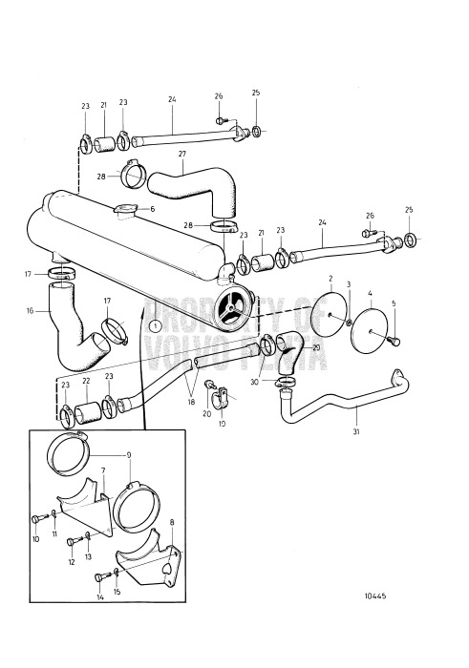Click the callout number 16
coord(30,310)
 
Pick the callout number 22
coord(86,380)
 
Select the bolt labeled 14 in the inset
coord(101,576)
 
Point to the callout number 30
coord(254,382)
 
